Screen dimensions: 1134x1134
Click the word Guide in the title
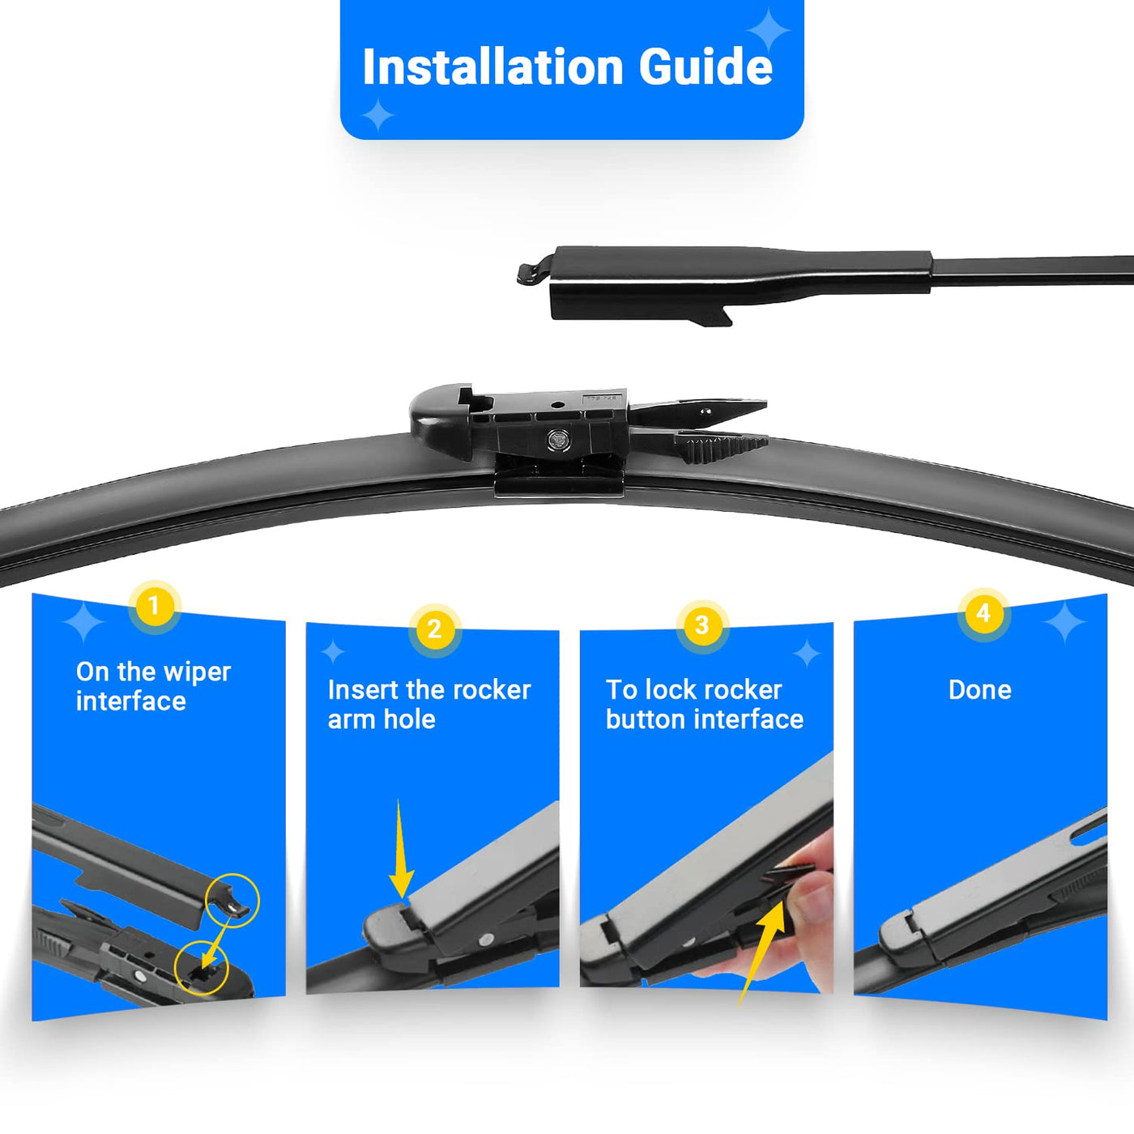pyautogui.click(x=706, y=67)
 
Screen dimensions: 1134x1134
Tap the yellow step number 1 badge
pyautogui.click(x=154, y=606)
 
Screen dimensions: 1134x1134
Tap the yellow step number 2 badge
pyautogui.click(x=434, y=629)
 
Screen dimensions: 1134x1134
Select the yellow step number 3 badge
pyautogui.click(x=701, y=625)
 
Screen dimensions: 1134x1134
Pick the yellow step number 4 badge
pyautogui.click(x=983, y=613)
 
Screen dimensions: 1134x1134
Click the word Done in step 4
pyautogui.click(x=980, y=689)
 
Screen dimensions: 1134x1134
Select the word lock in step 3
pyautogui.click(x=668, y=689)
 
